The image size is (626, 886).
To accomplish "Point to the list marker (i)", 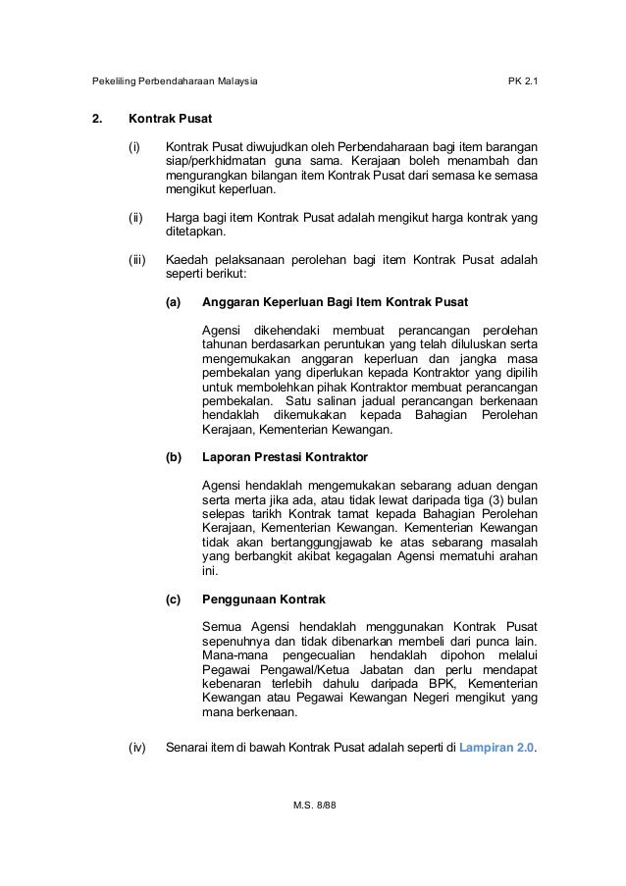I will coord(135,148).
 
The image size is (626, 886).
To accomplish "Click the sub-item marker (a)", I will coord(174,302).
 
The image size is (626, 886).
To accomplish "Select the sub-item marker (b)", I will coord(174,456).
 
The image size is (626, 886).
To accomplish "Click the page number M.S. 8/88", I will coord(313,804).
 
